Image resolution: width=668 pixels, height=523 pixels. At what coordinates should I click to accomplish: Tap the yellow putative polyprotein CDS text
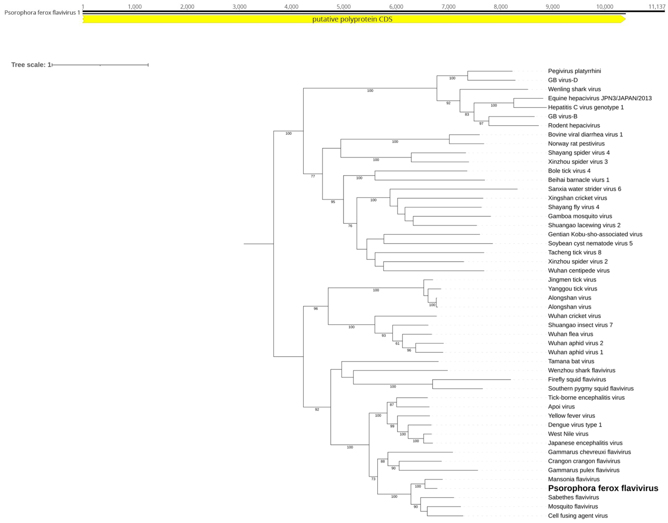pyautogui.click(x=352, y=19)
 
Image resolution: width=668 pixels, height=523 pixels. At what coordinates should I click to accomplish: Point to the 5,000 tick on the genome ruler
pyautogui.click(x=344, y=7)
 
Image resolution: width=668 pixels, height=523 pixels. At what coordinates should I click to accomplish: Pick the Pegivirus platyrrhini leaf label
pyautogui.click(x=574, y=71)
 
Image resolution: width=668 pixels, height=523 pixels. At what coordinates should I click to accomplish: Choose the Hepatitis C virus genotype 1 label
pyautogui.click(x=586, y=107)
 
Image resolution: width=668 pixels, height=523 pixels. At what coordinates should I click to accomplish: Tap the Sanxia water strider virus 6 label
pyautogui.click(x=584, y=189)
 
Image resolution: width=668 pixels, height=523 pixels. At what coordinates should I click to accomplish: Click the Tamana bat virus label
pyautogui.click(x=571, y=361)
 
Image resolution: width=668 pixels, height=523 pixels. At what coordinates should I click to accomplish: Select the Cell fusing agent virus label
pyautogui.click(x=578, y=516)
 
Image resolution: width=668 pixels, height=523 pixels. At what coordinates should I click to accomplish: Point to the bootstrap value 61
pyautogui.click(x=397, y=344)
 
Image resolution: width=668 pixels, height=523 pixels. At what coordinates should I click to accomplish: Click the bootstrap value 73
pyautogui.click(x=373, y=479)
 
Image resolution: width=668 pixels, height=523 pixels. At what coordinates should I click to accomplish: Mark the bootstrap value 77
pyautogui.click(x=313, y=176)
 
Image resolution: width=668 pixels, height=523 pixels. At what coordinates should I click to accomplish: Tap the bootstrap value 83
pyautogui.click(x=467, y=114)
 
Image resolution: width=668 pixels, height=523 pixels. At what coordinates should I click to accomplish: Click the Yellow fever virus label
pyautogui.click(x=571, y=416)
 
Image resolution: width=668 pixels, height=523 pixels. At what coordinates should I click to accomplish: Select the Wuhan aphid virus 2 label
pyautogui.click(x=575, y=343)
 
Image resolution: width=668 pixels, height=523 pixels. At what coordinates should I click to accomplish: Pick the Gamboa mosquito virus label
pyautogui.click(x=580, y=216)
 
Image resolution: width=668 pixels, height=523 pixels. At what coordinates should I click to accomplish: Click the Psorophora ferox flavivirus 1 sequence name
pyautogui.click(x=42, y=12)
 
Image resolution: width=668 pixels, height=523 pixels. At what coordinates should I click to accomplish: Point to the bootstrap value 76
pyautogui.click(x=350, y=226)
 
